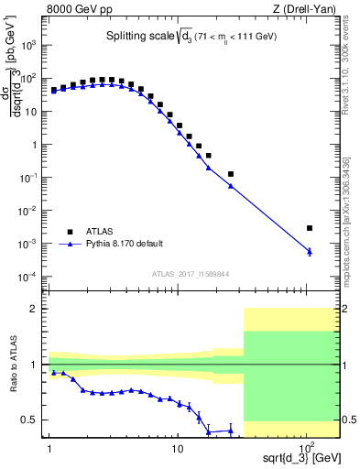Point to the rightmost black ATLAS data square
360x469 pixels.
click(x=310, y=228)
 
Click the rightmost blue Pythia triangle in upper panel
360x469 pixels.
click(x=310, y=251)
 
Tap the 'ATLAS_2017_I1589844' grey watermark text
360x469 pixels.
click(x=191, y=273)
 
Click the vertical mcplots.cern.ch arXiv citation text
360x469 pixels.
click(x=351, y=211)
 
